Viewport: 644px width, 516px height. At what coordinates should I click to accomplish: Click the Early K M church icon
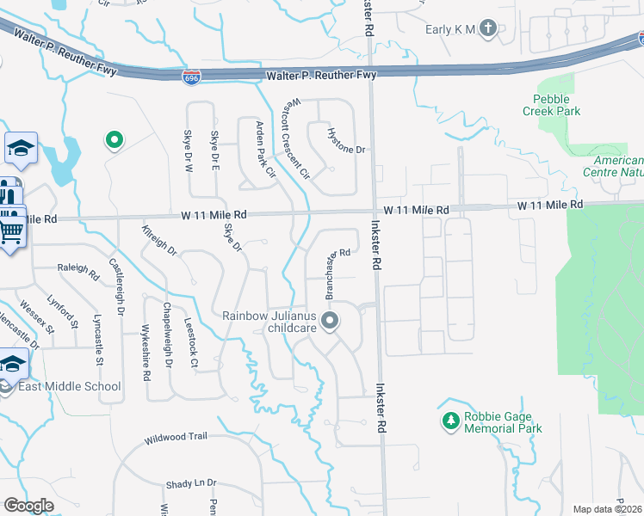(x=489, y=29)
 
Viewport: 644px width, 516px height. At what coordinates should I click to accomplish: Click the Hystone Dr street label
(x=347, y=142)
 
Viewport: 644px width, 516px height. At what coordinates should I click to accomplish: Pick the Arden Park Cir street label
(x=264, y=149)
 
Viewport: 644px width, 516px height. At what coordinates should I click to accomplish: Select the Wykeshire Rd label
(x=146, y=347)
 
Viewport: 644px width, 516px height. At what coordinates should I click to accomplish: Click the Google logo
(x=28, y=506)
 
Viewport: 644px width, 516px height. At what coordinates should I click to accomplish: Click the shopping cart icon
(x=11, y=230)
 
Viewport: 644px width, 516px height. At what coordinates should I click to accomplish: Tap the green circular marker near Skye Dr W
(x=112, y=140)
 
